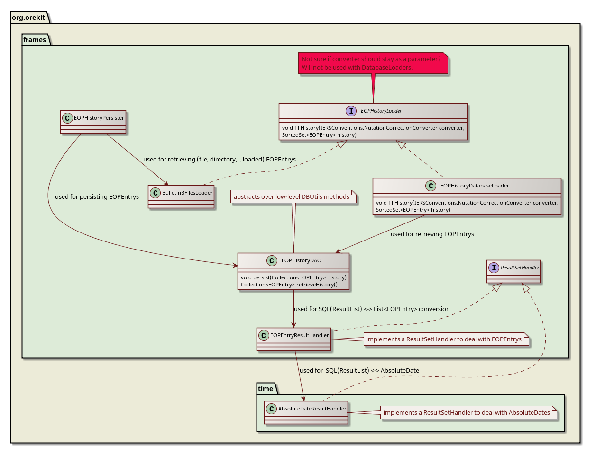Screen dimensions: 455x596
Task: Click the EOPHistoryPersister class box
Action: (x=93, y=122)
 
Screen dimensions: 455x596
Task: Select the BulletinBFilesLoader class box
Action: (x=181, y=196)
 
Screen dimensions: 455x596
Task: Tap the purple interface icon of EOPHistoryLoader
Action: (x=351, y=111)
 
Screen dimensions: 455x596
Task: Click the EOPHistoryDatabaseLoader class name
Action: (x=474, y=186)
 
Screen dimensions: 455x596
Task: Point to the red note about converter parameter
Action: (x=373, y=63)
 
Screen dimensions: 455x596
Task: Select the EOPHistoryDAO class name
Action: (x=301, y=260)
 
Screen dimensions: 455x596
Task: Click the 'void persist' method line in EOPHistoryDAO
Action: (x=293, y=277)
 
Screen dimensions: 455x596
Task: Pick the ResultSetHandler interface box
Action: (x=513, y=271)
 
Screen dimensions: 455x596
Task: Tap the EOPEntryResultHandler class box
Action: (x=293, y=339)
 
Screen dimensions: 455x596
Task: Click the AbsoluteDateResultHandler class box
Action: (x=306, y=412)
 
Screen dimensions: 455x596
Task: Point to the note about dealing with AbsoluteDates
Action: (x=467, y=413)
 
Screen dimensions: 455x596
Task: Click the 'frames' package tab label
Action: (x=35, y=40)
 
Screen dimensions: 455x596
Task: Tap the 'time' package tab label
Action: (x=266, y=389)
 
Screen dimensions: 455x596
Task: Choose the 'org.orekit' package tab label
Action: (x=28, y=18)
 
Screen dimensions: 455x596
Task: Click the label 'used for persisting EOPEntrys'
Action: (x=97, y=196)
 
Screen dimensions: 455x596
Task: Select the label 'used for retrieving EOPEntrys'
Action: (x=432, y=234)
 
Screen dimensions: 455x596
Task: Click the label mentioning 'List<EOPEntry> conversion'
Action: (x=372, y=309)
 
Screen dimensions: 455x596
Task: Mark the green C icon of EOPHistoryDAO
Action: (x=272, y=260)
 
